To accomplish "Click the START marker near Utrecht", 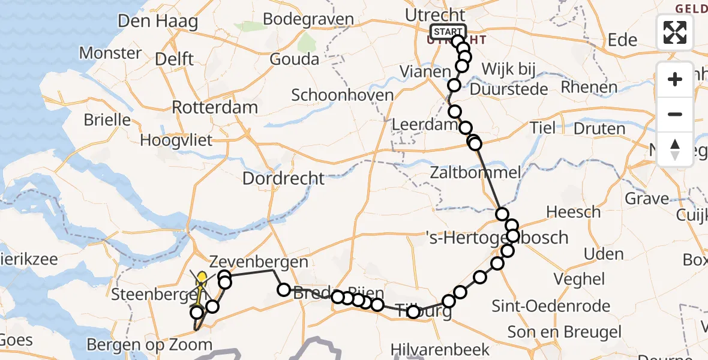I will tap(447, 31).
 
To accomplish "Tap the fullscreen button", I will tap(675, 32).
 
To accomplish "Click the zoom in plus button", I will tap(675, 79).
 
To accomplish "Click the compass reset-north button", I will tap(675, 149).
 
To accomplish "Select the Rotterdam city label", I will tap(215, 107).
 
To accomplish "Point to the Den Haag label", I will tap(158, 22).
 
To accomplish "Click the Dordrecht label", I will tap(283, 178).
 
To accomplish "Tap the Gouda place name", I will tap(294, 59).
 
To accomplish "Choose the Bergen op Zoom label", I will tap(149, 345).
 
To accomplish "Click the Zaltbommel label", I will tap(475, 173).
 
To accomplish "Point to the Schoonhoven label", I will tap(342, 95).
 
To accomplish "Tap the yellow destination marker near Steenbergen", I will tap(202, 277).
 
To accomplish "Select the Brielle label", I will tap(107, 119).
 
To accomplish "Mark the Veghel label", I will tap(579, 278).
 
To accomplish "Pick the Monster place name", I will tap(110, 53).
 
